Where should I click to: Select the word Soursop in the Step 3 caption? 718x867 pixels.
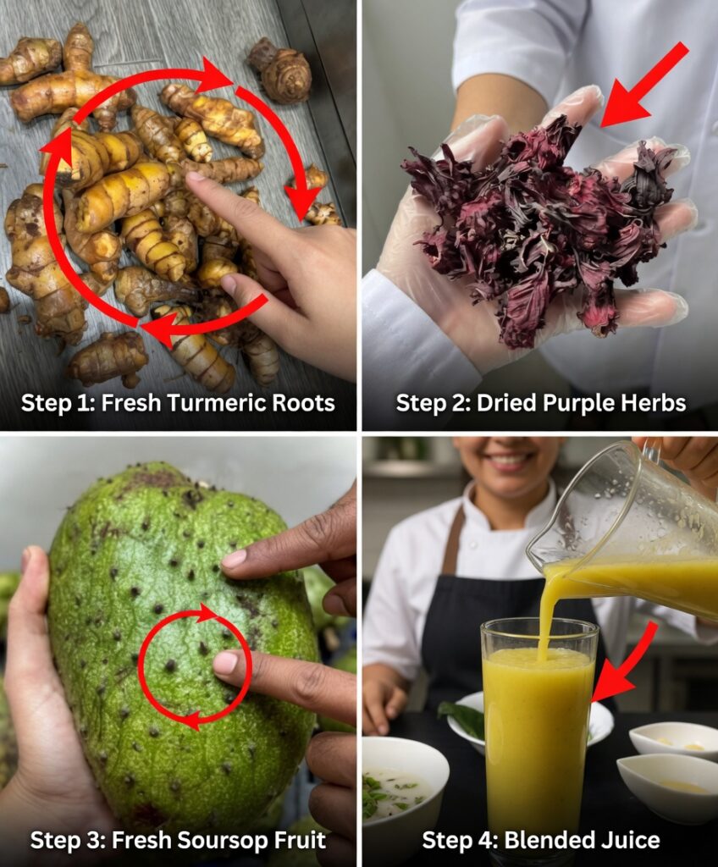pyautogui.click(x=208, y=841)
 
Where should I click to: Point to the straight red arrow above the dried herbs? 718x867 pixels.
pyautogui.click(x=644, y=84)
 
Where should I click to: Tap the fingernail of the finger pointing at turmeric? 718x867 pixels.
pyautogui.click(x=194, y=178)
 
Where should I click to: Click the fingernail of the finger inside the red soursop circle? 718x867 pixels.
pyautogui.click(x=225, y=662)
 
